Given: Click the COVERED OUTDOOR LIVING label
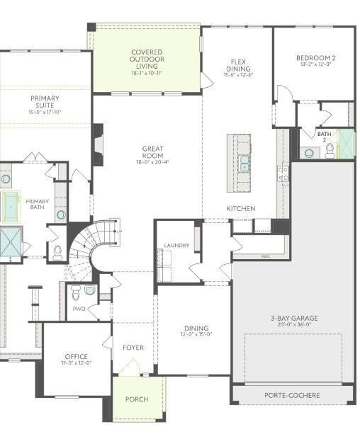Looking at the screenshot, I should pyautogui.click(x=147, y=57).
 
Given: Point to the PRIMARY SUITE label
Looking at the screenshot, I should pyautogui.click(x=45, y=103).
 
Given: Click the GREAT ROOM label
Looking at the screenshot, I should pyautogui.click(x=152, y=153).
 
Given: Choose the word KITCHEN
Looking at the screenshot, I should pyautogui.click(x=240, y=209).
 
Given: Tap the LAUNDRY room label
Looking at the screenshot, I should pyautogui.click(x=176, y=245).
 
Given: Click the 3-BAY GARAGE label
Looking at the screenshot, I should pyautogui.click(x=294, y=319).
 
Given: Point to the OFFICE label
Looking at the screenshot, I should pyautogui.click(x=76, y=356).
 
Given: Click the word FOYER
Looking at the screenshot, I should pyautogui.click(x=133, y=348).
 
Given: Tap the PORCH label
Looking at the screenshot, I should pyautogui.click(x=137, y=399).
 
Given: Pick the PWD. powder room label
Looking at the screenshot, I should pyautogui.click(x=79, y=309).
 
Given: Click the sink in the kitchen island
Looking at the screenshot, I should pyautogui.click(x=244, y=164).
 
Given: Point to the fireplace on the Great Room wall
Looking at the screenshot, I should pyautogui.click(x=99, y=144).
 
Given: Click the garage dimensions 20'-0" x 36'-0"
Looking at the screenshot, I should pyautogui.click(x=294, y=327).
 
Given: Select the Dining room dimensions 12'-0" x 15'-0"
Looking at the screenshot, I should pyautogui.click(x=196, y=335).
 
